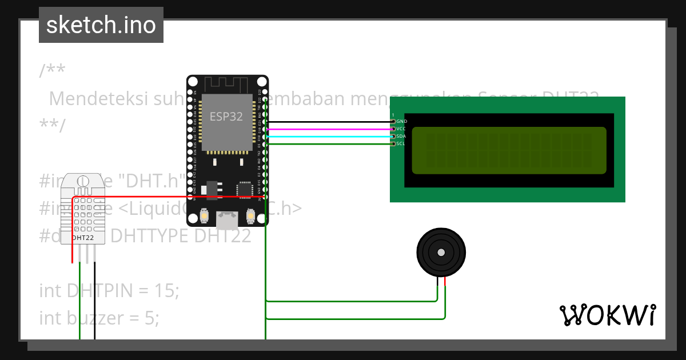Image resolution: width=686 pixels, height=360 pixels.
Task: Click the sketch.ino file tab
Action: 101,25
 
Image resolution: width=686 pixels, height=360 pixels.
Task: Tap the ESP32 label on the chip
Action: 226,117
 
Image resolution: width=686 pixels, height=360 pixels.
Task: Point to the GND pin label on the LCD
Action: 401,122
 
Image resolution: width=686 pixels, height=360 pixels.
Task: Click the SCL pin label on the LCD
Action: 401,144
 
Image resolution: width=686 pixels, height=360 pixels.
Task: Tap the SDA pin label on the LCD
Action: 401,137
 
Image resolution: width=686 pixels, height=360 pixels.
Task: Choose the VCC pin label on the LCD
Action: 401,129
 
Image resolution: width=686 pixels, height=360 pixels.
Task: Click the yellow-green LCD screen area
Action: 509,150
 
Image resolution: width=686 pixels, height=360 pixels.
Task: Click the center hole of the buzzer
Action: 441,252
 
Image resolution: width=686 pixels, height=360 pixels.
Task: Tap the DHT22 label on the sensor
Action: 83,237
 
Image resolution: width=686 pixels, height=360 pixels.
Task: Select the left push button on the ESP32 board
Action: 204,217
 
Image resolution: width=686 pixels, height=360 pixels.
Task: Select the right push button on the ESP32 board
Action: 250,217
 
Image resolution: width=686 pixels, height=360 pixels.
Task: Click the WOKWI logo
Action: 607,315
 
